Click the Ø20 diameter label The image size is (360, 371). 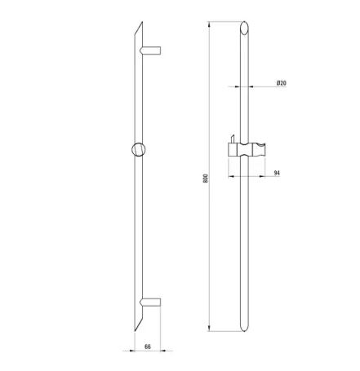[282, 83]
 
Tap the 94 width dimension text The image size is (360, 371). [277, 173]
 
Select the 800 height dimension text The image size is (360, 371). [206, 178]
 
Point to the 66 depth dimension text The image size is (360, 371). [148, 347]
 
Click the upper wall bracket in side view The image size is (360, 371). [150, 51]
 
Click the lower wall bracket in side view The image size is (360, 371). [150, 303]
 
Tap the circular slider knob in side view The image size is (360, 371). [139, 149]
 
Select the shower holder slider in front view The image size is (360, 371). [247, 149]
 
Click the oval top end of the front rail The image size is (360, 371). [244, 28]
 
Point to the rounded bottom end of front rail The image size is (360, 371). [244, 328]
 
